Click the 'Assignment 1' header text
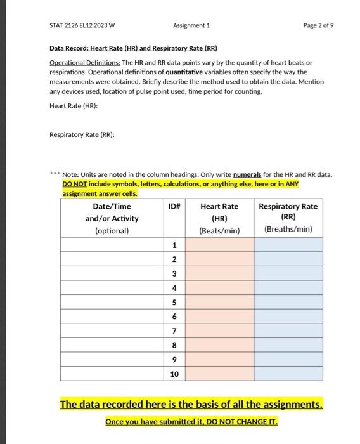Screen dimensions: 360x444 coord(191,26)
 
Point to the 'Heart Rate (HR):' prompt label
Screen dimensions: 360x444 coord(74,105)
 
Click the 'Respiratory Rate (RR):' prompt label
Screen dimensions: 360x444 coord(82,134)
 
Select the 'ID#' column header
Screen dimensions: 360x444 coord(174,206)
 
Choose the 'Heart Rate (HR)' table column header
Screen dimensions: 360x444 coord(219,218)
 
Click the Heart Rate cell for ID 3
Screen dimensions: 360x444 coord(219,273)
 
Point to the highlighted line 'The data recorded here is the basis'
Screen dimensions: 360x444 coord(191,404)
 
